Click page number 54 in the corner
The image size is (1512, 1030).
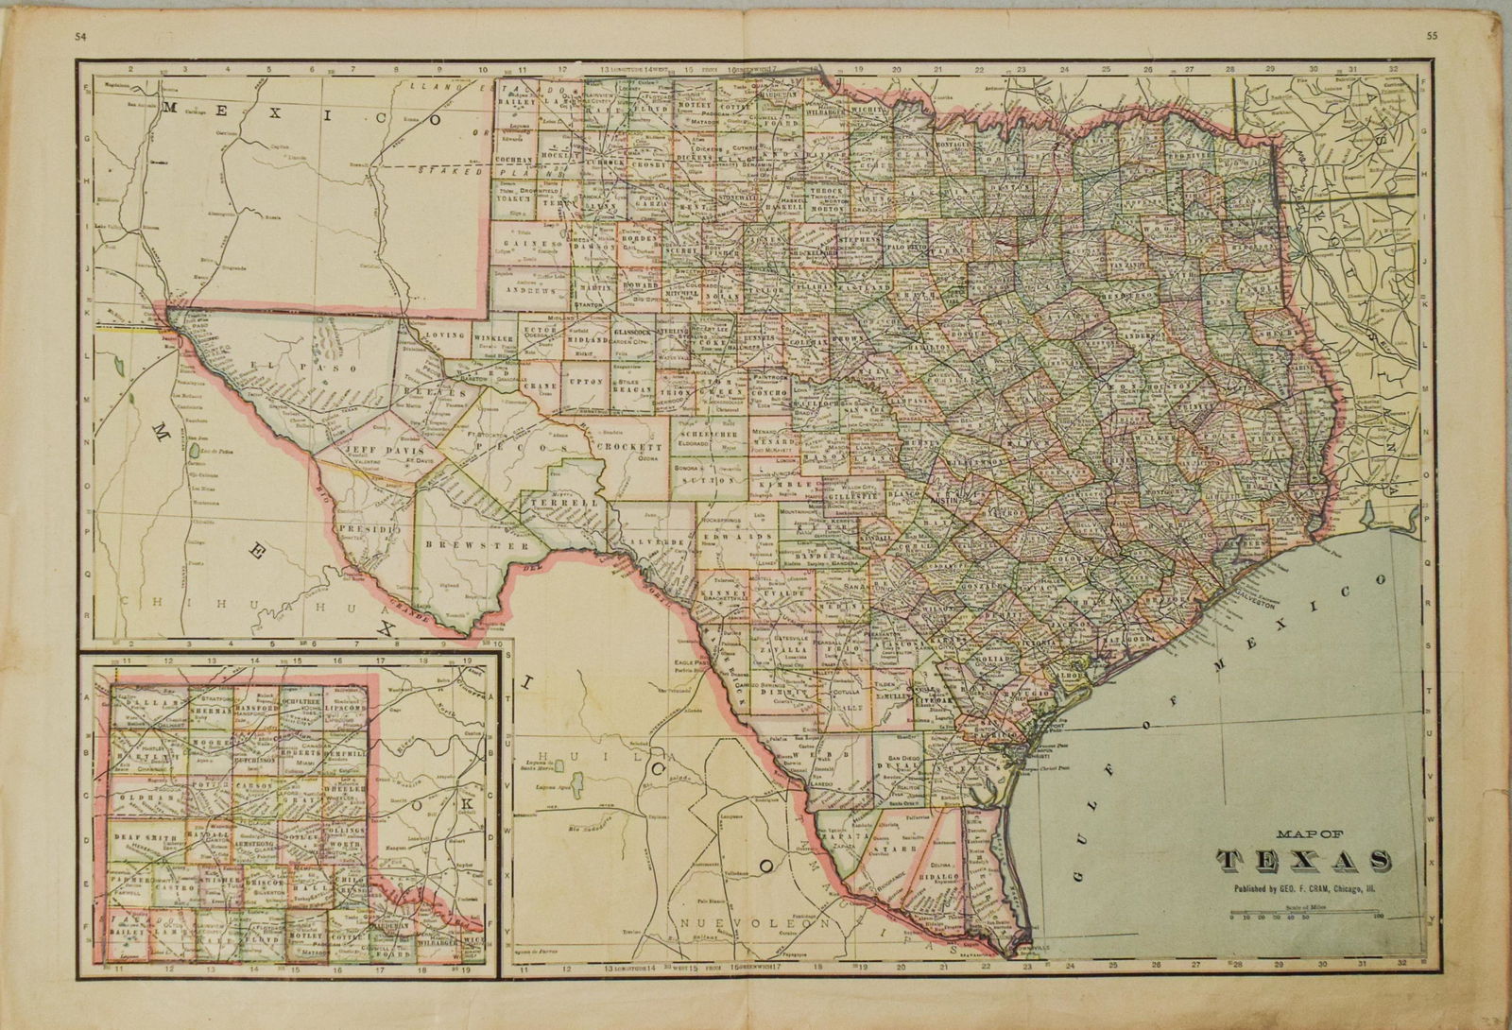[63, 37]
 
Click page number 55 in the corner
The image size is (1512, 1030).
[1449, 37]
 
